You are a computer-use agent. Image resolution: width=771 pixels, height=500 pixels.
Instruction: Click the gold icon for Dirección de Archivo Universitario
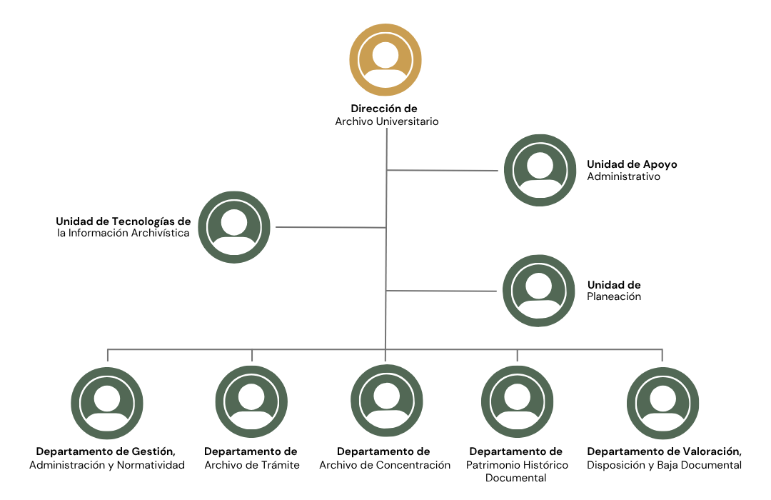tap(385, 59)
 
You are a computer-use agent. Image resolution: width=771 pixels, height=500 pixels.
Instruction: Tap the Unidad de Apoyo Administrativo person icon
tap(540, 170)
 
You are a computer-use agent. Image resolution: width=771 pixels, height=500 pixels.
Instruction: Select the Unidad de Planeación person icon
tap(539, 290)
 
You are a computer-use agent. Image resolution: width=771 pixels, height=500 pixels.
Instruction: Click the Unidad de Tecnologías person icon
tap(234, 227)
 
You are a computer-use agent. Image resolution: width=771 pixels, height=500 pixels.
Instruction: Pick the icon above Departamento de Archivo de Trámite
tap(251, 401)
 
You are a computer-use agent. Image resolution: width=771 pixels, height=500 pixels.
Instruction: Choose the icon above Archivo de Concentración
tap(386, 401)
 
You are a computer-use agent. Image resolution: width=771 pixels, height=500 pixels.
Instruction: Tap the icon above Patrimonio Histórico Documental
tap(518, 401)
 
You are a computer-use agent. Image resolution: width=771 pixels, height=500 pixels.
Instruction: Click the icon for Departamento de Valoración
tap(662, 403)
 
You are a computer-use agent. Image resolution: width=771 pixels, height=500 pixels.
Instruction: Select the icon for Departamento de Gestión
tap(106, 403)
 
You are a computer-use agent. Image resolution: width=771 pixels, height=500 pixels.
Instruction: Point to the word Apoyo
tap(660, 165)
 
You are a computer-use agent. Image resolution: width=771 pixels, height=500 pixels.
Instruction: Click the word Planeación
tap(614, 296)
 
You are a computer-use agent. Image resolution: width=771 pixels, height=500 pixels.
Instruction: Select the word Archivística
tap(159, 234)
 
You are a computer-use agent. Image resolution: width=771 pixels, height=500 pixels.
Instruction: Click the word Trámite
tap(280, 465)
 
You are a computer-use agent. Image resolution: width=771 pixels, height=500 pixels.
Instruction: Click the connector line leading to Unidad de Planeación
tap(442, 291)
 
